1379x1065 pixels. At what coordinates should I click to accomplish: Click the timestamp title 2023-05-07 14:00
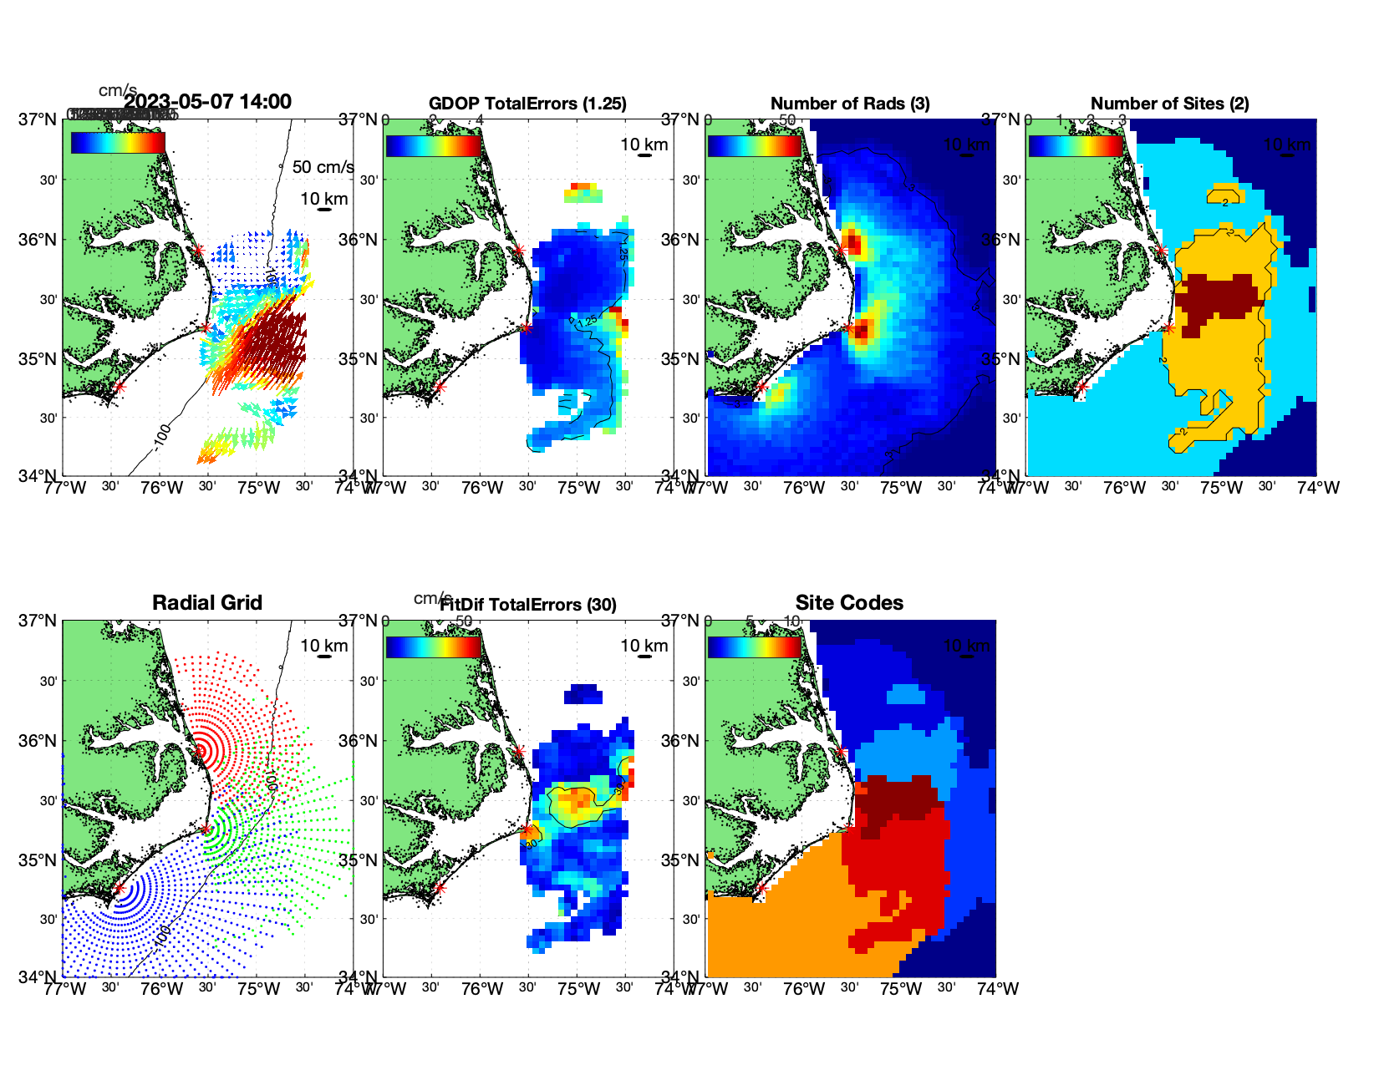(x=207, y=102)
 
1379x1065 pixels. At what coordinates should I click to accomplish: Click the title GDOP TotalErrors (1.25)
(x=527, y=104)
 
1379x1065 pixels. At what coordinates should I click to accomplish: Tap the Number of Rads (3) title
(x=850, y=104)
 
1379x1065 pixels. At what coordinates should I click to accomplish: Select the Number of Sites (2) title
(x=1169, y=104)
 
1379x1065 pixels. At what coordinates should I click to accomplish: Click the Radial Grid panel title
(x=207, y=603)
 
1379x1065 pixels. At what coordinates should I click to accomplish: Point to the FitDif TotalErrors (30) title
(x=529, y=605)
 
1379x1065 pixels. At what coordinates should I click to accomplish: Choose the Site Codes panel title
(x=849, y=603)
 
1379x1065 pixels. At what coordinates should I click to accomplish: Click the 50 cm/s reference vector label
(x=323, y=167)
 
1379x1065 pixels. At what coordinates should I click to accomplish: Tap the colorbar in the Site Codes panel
(x=754, y=647)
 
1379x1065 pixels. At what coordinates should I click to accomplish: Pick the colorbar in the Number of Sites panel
(x=1075, y=146)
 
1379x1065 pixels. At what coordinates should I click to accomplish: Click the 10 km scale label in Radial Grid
(x=323, y=646)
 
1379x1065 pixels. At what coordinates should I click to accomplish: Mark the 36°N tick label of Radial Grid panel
(x=38, y=741)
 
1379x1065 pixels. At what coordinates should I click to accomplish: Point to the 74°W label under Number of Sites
(x=1318, y=488)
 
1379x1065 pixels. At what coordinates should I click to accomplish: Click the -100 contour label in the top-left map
(x=161, y=437)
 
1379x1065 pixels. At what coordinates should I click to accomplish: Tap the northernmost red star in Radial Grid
(x=199, y=751)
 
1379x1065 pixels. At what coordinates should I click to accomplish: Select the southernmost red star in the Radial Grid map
(x=119, y=889)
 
